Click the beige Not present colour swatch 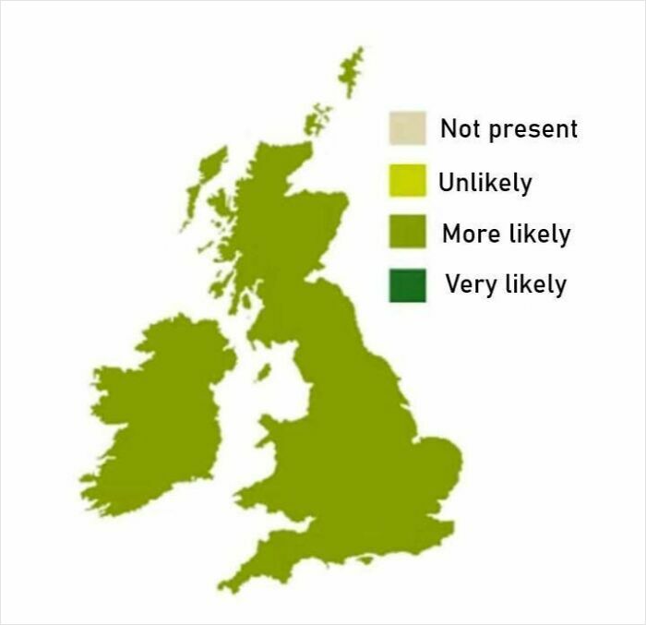pyautogui.click(x=407, y=128)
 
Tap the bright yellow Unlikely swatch pyautogui.click(x=407, y=181)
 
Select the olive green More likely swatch pyautogui.click(x=407, y=233)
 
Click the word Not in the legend pyautogui.click(x=459, y=128)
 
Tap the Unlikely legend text pyautogui.click(x=485, y=182)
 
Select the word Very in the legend pyautogui.click(x=472, y=284)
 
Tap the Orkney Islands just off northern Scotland pyautogui.click(x=318, y=119)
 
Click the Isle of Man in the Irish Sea pyautogui.click(x=263, y=372)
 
